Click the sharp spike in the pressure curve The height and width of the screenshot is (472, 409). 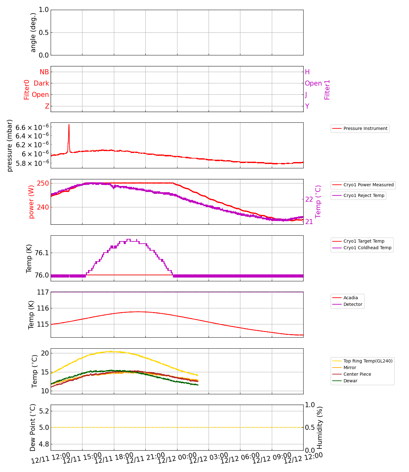point(69,125)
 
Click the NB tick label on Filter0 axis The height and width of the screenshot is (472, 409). point(44,72)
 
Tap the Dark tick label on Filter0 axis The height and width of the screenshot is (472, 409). point(42,83)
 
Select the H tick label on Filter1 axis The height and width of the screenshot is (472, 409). point(307,72)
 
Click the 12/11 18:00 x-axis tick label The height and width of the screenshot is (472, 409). point(114,458)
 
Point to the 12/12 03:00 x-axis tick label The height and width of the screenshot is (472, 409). point(208,458)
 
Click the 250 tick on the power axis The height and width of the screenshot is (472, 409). point(43,183)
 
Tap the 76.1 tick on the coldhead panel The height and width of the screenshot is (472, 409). point(42,253)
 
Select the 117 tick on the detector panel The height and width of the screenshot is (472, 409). point(43,292)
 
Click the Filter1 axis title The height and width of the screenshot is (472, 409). point(327,90)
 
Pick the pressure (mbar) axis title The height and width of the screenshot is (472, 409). point(10,145)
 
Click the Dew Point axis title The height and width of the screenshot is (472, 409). point(33,428)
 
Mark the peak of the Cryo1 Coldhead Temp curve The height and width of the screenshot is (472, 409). point(128,239)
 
